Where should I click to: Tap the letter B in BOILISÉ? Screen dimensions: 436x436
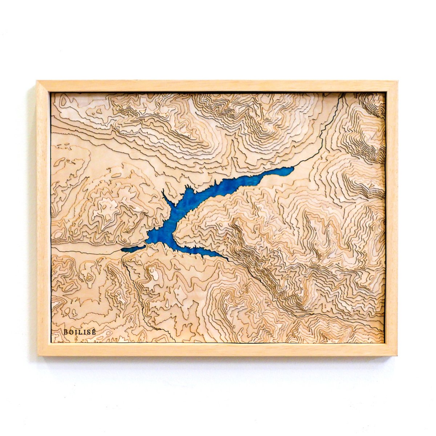[66, 332]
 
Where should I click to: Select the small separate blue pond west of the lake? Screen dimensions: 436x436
[133, 249]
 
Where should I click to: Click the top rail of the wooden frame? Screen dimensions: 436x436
[218, 86]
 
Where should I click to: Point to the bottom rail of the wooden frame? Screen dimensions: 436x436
[218, 349]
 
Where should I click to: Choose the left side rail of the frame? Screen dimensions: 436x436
[43, 218]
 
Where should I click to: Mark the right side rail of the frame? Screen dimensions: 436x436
[391, 218]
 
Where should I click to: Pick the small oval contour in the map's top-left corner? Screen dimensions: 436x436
[63, 101]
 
